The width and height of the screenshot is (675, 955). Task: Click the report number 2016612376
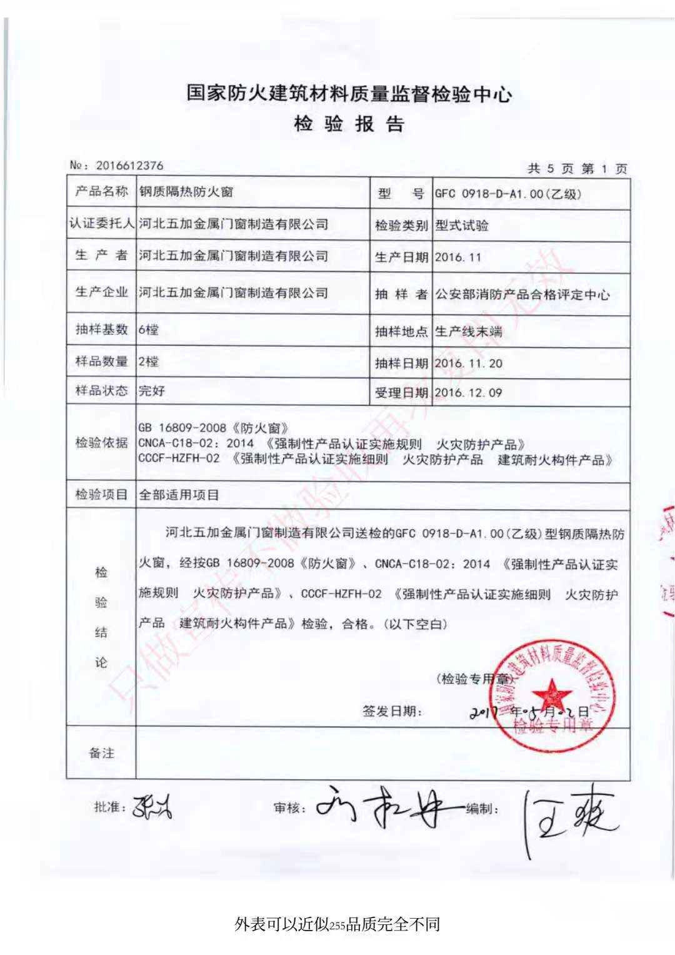point(129,166)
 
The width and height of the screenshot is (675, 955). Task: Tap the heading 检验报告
point(349,123)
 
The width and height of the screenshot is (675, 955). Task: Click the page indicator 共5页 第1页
point(577,168)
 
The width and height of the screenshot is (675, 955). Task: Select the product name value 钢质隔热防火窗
point(186,192)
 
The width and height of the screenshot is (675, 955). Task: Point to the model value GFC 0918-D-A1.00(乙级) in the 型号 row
point(507,194)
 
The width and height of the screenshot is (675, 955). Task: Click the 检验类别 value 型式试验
point(462,225)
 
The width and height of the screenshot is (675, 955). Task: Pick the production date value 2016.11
point(458,257)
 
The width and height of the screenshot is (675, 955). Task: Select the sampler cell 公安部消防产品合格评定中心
point(522,294)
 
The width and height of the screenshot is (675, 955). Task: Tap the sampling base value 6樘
point(148,330)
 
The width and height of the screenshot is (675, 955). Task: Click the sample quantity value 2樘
point(148,361)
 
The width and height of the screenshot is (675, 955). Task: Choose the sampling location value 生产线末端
point(469,331)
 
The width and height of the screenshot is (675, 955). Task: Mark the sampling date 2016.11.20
point(469,363)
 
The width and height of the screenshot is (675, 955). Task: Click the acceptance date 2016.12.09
point(469,393)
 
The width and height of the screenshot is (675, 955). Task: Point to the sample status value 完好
point(152,391)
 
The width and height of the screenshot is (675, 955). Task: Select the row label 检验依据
point(101,443)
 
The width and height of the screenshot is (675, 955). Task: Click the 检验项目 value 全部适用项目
point(179,495)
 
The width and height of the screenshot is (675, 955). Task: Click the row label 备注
point(101,753)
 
